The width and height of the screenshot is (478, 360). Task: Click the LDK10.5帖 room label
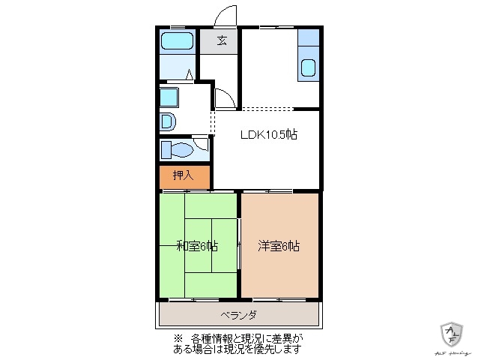click(268, 135)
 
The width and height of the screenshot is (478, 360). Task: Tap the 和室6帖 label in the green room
click(197, 245)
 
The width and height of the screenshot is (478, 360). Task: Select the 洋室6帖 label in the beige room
click(279, 245)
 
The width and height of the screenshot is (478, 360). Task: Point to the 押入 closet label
click(183, 175)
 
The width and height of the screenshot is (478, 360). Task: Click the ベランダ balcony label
click(238, 314)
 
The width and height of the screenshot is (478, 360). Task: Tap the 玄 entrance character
click(222, 40)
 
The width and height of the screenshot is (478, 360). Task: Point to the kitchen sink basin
click(308, 69)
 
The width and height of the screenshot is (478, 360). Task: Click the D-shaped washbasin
click(168, 121)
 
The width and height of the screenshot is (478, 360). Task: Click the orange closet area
click(184, 177)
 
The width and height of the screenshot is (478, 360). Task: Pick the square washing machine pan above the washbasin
click(169, 97)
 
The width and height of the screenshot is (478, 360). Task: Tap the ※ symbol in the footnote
click(178, 338)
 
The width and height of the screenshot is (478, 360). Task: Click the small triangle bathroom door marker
click(190, 74)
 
